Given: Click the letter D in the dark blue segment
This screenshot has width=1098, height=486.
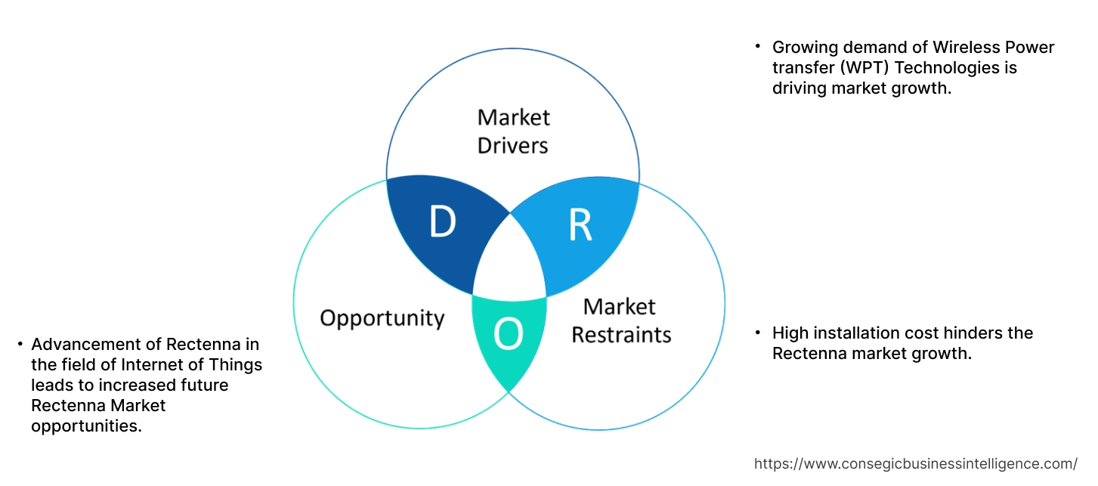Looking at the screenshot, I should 443,221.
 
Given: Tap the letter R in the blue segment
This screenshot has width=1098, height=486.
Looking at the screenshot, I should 580,224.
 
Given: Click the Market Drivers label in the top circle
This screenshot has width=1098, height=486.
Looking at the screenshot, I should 513,131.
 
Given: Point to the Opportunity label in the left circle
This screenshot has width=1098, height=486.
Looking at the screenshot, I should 382,317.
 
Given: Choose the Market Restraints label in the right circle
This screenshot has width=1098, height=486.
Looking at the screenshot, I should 620,320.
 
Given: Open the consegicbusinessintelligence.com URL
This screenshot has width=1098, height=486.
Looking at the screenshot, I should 916,463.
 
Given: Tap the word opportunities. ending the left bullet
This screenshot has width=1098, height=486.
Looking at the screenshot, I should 86,426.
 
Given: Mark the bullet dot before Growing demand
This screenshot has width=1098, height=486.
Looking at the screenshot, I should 758,47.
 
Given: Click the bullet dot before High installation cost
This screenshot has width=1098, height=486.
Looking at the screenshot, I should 758,333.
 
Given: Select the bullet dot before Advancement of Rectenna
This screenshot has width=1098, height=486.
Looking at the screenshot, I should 20,344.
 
